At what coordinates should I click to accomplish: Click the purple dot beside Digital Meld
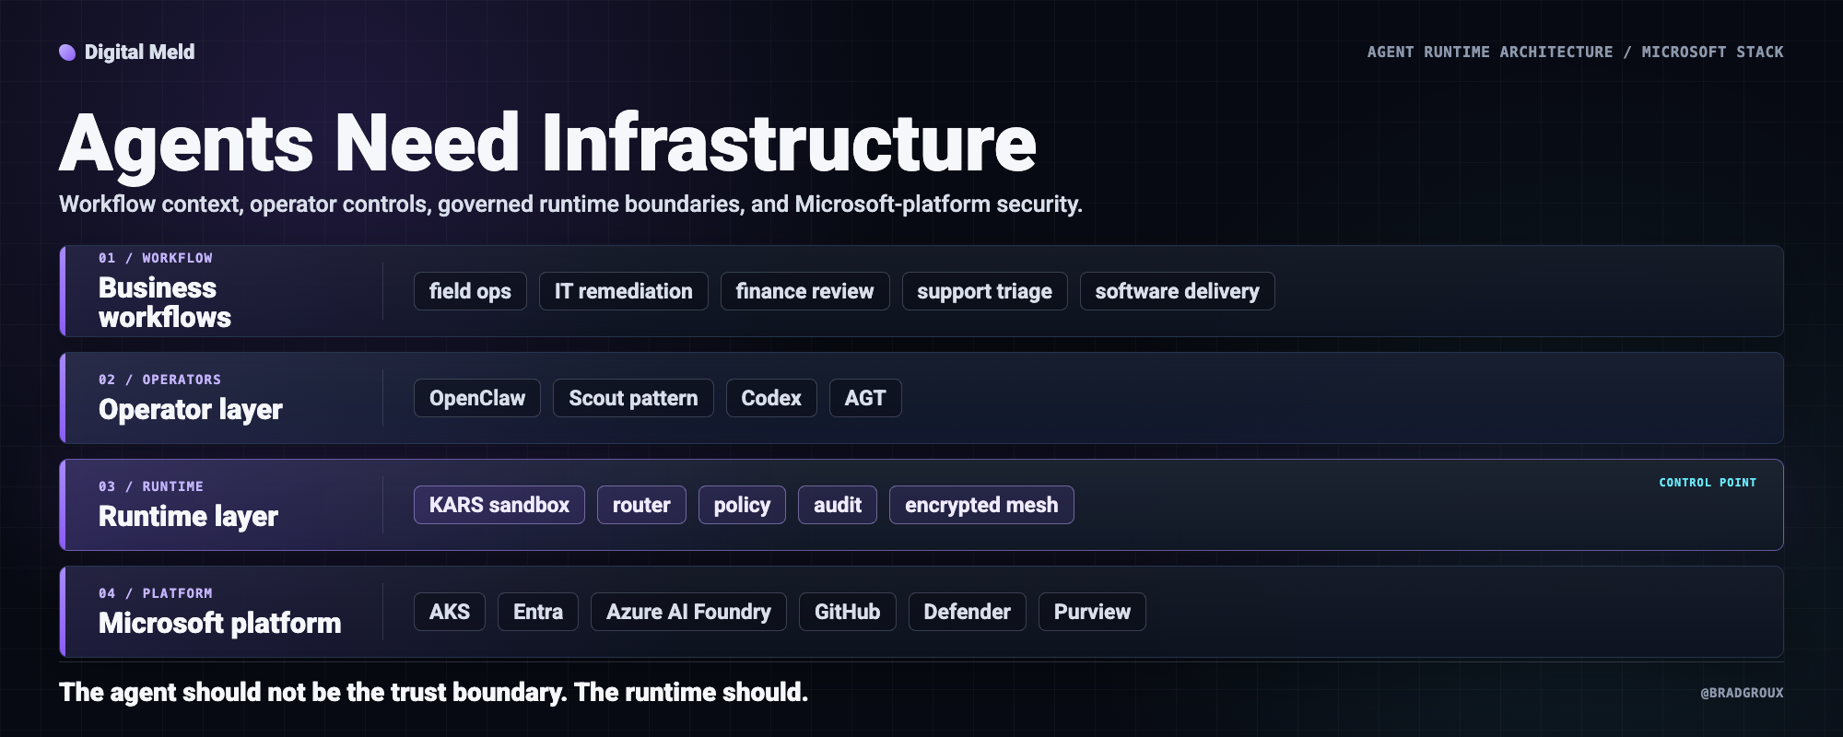pos(67,53)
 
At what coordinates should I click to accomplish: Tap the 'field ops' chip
pos(470,291)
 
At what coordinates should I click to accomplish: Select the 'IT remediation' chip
pos(623,291)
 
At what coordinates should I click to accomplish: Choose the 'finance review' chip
pos(804,291)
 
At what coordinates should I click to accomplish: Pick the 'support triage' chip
pos(984,291)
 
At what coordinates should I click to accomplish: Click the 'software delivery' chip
pos(1177,291)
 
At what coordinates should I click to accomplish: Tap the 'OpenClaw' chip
pos(477,398)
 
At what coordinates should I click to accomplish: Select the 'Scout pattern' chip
pos(633,398)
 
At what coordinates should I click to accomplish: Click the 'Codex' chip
pos(771,398)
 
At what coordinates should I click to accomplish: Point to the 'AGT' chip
pos(865,398)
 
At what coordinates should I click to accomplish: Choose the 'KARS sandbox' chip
pos(499,505)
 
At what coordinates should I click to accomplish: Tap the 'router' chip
pos(641,505)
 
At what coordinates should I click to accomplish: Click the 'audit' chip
pos(838,505)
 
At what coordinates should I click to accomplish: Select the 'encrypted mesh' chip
pos(981,505)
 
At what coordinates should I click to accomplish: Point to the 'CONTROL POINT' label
pos(1708,483)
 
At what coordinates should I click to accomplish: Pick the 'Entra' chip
pos(538,612)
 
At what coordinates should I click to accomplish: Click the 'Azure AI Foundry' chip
pos(688,612)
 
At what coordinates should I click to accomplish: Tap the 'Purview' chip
pos(1092,612)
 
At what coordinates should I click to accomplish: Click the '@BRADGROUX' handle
pos(1742,693)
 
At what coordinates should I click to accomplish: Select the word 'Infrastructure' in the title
pos(789,143)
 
